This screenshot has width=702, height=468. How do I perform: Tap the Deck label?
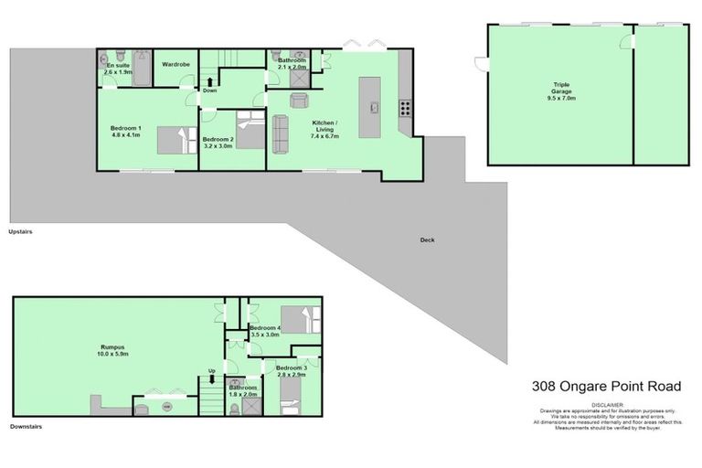click(x=427, y=240)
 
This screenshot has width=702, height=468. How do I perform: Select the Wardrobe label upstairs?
click(x=175, y=65)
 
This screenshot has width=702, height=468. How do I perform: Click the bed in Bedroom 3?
click(x=289, y=398)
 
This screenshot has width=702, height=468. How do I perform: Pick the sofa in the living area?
click(x=281, y=133)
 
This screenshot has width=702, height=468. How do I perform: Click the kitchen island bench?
click(x=371, y=108)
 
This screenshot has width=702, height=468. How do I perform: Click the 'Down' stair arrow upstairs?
click(x=209, y=82)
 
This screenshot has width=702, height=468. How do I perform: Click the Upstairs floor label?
click(x=20, y=232)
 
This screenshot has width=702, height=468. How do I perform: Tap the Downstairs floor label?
click(x=25, y=427)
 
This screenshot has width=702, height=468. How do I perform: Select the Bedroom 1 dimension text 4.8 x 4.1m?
click(x=126, y=135)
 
